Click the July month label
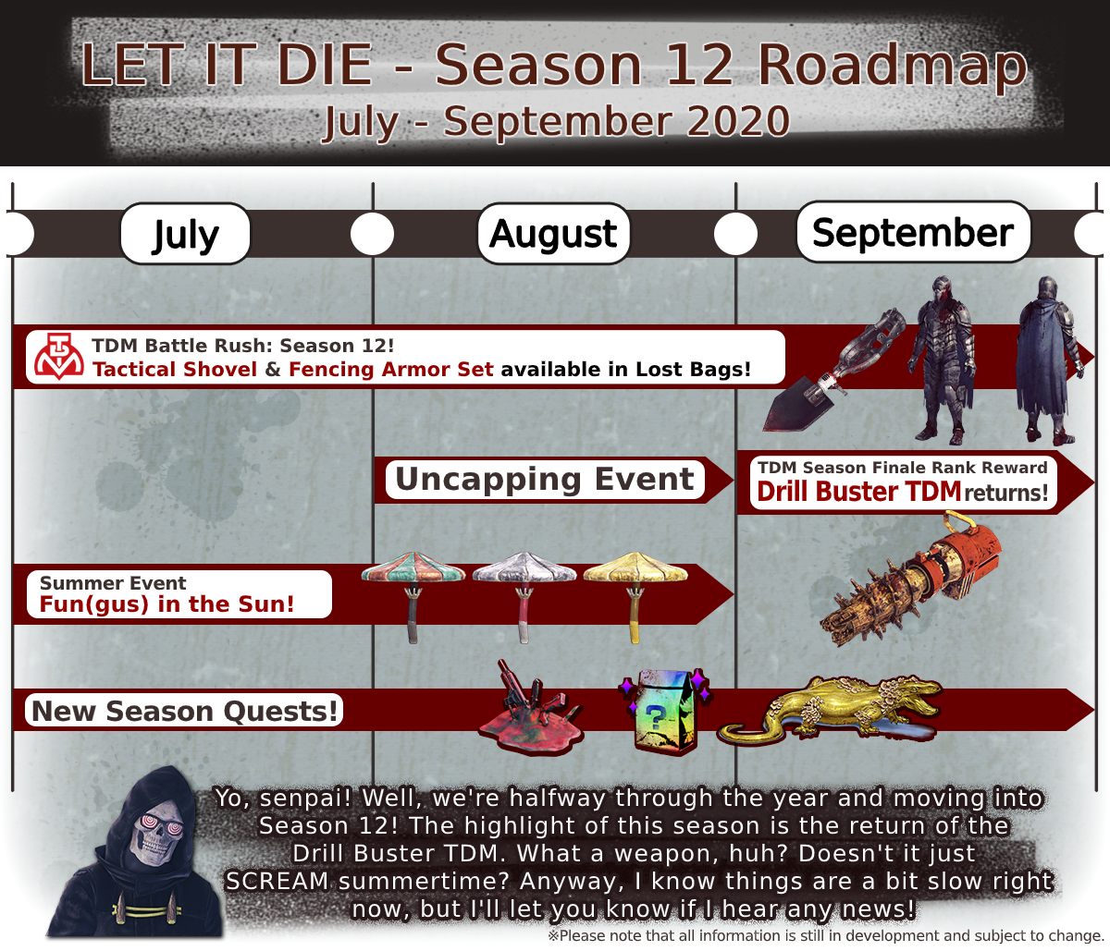click(x=185, y=235)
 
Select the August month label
click(x=554, y=234)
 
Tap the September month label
click(x=913, y=232)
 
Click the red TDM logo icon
click(x=59, y=357)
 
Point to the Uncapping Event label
click(x=545, y=479)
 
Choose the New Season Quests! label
click(x=184, y=711)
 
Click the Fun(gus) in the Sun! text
click(x=166, y=604)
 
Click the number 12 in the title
click(x=698, y=65)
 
